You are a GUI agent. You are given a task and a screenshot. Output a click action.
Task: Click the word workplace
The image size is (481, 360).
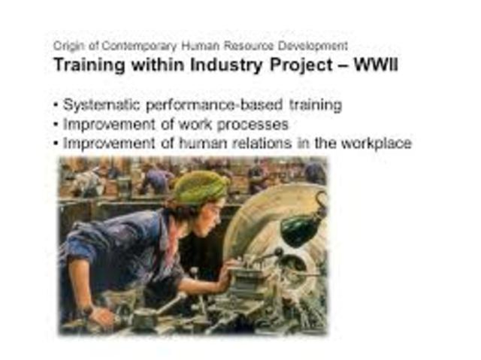[376, 143]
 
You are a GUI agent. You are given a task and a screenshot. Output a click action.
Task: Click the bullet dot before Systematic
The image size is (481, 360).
[56, 105]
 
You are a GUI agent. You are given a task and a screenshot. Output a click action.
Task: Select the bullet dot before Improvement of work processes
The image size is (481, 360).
[56, 124]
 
